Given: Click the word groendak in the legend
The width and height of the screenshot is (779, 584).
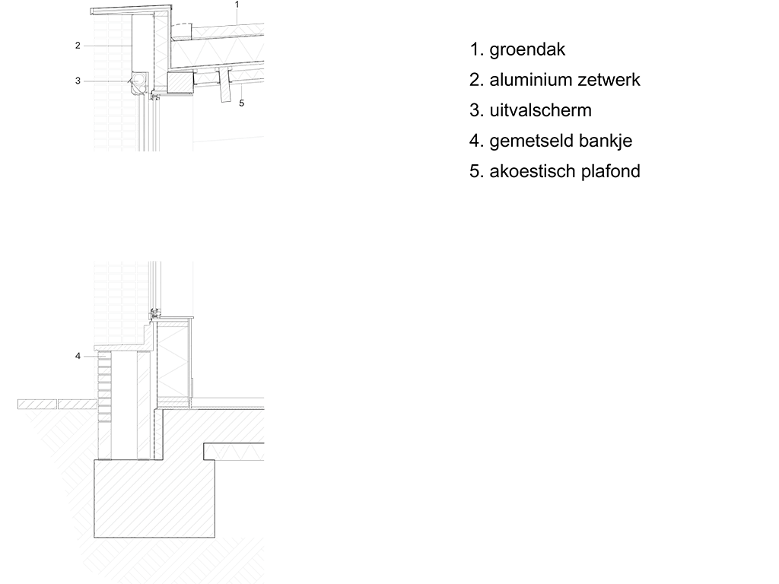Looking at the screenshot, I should (x=527, y=50).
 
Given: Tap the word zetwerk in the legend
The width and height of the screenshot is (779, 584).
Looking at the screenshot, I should (x=609, y=80).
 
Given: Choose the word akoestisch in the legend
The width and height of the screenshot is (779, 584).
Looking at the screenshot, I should (x=533, y=172).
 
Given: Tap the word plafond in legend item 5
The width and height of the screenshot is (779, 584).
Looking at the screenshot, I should (x=610, y=172).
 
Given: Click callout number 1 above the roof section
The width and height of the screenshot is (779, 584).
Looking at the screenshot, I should (x=237, y=5).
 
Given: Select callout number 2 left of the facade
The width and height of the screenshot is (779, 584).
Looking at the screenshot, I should (x=78, y=46).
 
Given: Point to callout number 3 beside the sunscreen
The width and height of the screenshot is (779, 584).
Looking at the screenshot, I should (x=78, y=81).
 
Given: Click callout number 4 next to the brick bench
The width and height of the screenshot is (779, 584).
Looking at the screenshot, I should (x=78, y=355).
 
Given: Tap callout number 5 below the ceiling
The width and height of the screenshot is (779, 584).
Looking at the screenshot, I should (x=241, y=103).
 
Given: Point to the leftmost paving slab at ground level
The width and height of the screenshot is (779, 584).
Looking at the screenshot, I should (x=37, y=403).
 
